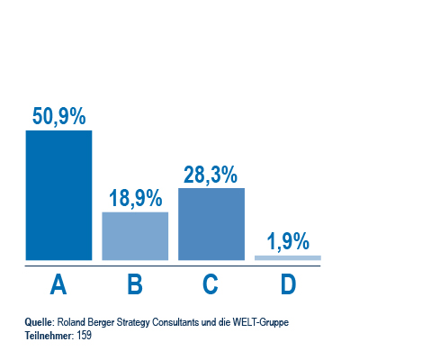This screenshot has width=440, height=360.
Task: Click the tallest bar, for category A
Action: coord(58,195)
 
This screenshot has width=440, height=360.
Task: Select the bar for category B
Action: coord(135,236)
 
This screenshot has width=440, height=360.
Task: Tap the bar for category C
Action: coord(211,224)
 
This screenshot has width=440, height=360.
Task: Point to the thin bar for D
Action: coord(288,257)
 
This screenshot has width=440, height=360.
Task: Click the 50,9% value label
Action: coord(59,117)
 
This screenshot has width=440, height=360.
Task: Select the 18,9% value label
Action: coord(136,199)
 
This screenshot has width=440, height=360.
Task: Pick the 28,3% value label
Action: coord(211,175)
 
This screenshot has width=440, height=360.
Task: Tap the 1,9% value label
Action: coord(288,241)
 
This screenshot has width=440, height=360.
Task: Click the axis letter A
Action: coord(58,284)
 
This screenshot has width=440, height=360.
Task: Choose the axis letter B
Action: coord(135,284)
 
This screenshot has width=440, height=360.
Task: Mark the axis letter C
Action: coord(211,284)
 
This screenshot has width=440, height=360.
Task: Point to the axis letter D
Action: coord(288,284)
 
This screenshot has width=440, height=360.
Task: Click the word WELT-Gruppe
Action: coord(261,323)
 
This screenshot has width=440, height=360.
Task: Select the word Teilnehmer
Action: coord(49,336)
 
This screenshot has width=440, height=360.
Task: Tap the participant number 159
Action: coord(85,336)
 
